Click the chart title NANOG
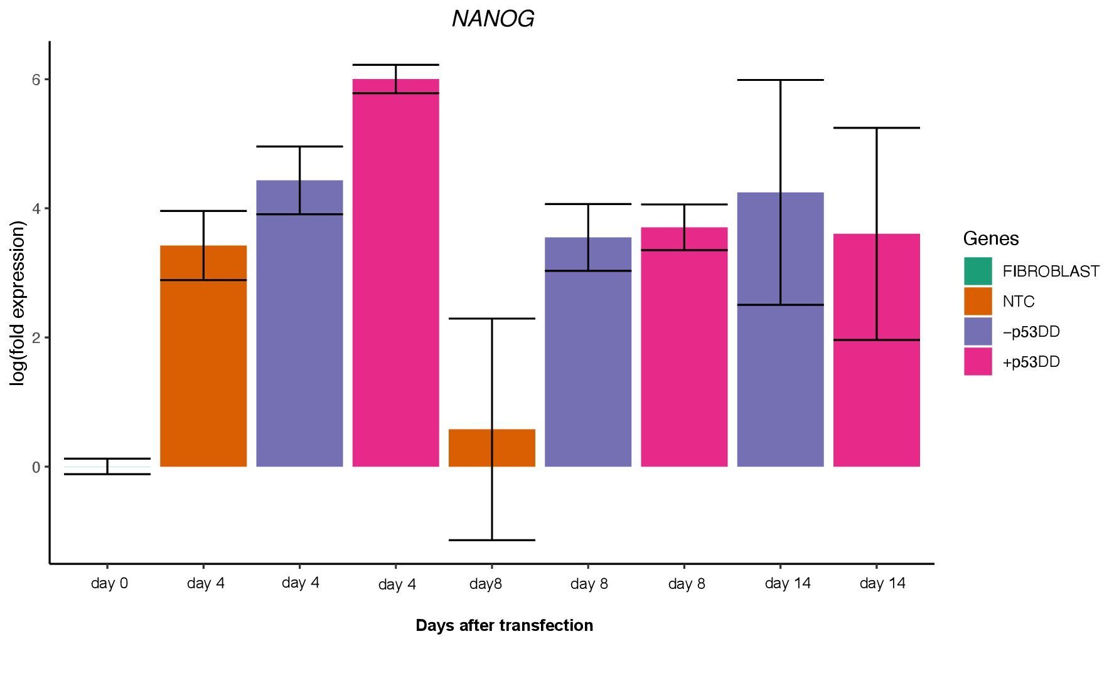[x=493, y=19]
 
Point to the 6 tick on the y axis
[x=36, y=80]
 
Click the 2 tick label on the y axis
[x=36, y=338]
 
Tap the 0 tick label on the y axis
[x=36, y=467]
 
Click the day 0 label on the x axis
[x=109, y=584]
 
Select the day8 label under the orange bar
[x=486, y=584]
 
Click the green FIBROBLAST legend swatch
[x=978, y=271]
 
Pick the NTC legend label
[x=1019, y=302]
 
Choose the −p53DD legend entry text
[x=1031, y=332]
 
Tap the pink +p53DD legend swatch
[x=978, y=362]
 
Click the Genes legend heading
[x=991, y=239]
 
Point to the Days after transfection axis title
[x=504, y=625]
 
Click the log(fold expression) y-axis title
[x=19, y=303]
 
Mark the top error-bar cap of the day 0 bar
[x=107, y=459]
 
